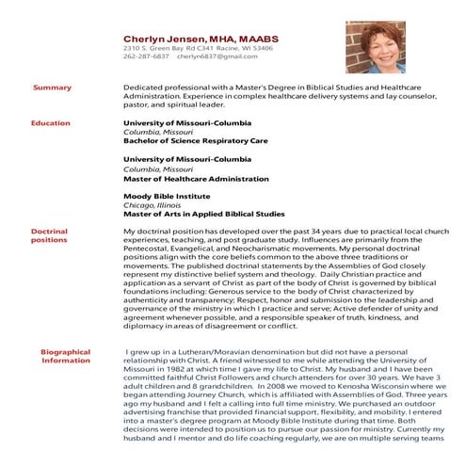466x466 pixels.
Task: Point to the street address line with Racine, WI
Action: click(199, 47)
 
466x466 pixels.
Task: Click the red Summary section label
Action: click(52, 88)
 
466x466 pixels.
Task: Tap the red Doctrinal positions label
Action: click(49, 235)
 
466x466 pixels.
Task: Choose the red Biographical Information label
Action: click(66, 356)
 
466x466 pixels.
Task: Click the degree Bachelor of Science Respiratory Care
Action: click(196, 141)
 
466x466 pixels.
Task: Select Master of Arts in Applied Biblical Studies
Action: click(203, 214)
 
